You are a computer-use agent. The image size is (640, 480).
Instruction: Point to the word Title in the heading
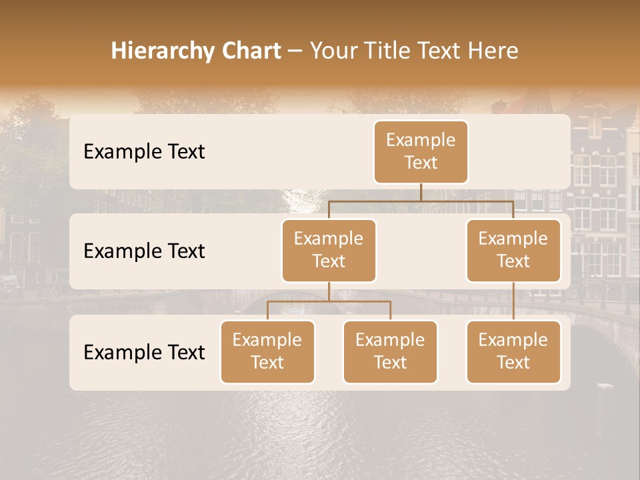389,51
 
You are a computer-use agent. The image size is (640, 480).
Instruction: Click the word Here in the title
493,51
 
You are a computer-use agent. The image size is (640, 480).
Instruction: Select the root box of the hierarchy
421,151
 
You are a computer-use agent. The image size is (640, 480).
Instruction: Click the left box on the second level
329,250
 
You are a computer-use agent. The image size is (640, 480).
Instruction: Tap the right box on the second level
513,250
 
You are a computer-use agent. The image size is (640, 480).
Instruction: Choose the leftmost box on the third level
267,351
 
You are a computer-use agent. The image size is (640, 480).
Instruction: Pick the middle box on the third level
390,351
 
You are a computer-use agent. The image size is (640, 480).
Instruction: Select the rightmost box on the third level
513,351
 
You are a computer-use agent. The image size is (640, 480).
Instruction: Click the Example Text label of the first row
144,152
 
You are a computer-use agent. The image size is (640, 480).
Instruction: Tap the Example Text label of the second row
144,251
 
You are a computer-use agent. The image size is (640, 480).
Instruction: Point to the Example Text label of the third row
144,352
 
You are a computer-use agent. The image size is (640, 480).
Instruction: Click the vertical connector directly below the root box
421,192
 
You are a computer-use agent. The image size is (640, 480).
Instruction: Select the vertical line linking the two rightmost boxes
513,301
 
